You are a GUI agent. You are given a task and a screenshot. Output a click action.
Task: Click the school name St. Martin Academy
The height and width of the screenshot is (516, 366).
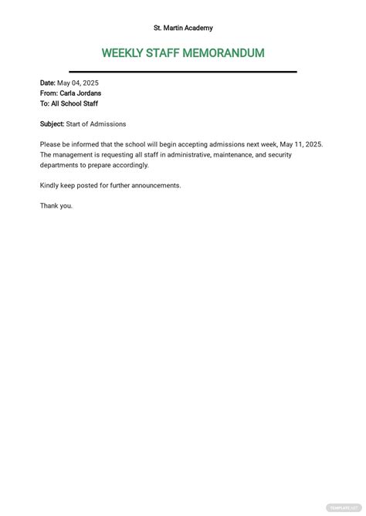click(183, 28)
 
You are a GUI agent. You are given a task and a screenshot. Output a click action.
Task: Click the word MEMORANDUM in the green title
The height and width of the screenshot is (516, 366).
click(225, 53)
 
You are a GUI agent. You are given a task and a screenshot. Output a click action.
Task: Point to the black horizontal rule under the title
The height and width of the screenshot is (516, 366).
click(183, 72)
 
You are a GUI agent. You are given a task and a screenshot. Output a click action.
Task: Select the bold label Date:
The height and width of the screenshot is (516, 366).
click(48, 83)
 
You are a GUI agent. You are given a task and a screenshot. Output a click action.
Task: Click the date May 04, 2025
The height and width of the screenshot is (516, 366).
click(78, 83)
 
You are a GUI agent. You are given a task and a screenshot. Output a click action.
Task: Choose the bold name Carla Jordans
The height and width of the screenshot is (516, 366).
click(81, 93)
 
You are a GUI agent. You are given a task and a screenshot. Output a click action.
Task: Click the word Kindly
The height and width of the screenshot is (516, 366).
click(50, 185)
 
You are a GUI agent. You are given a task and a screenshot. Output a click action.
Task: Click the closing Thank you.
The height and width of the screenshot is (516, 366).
click(56, 206)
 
